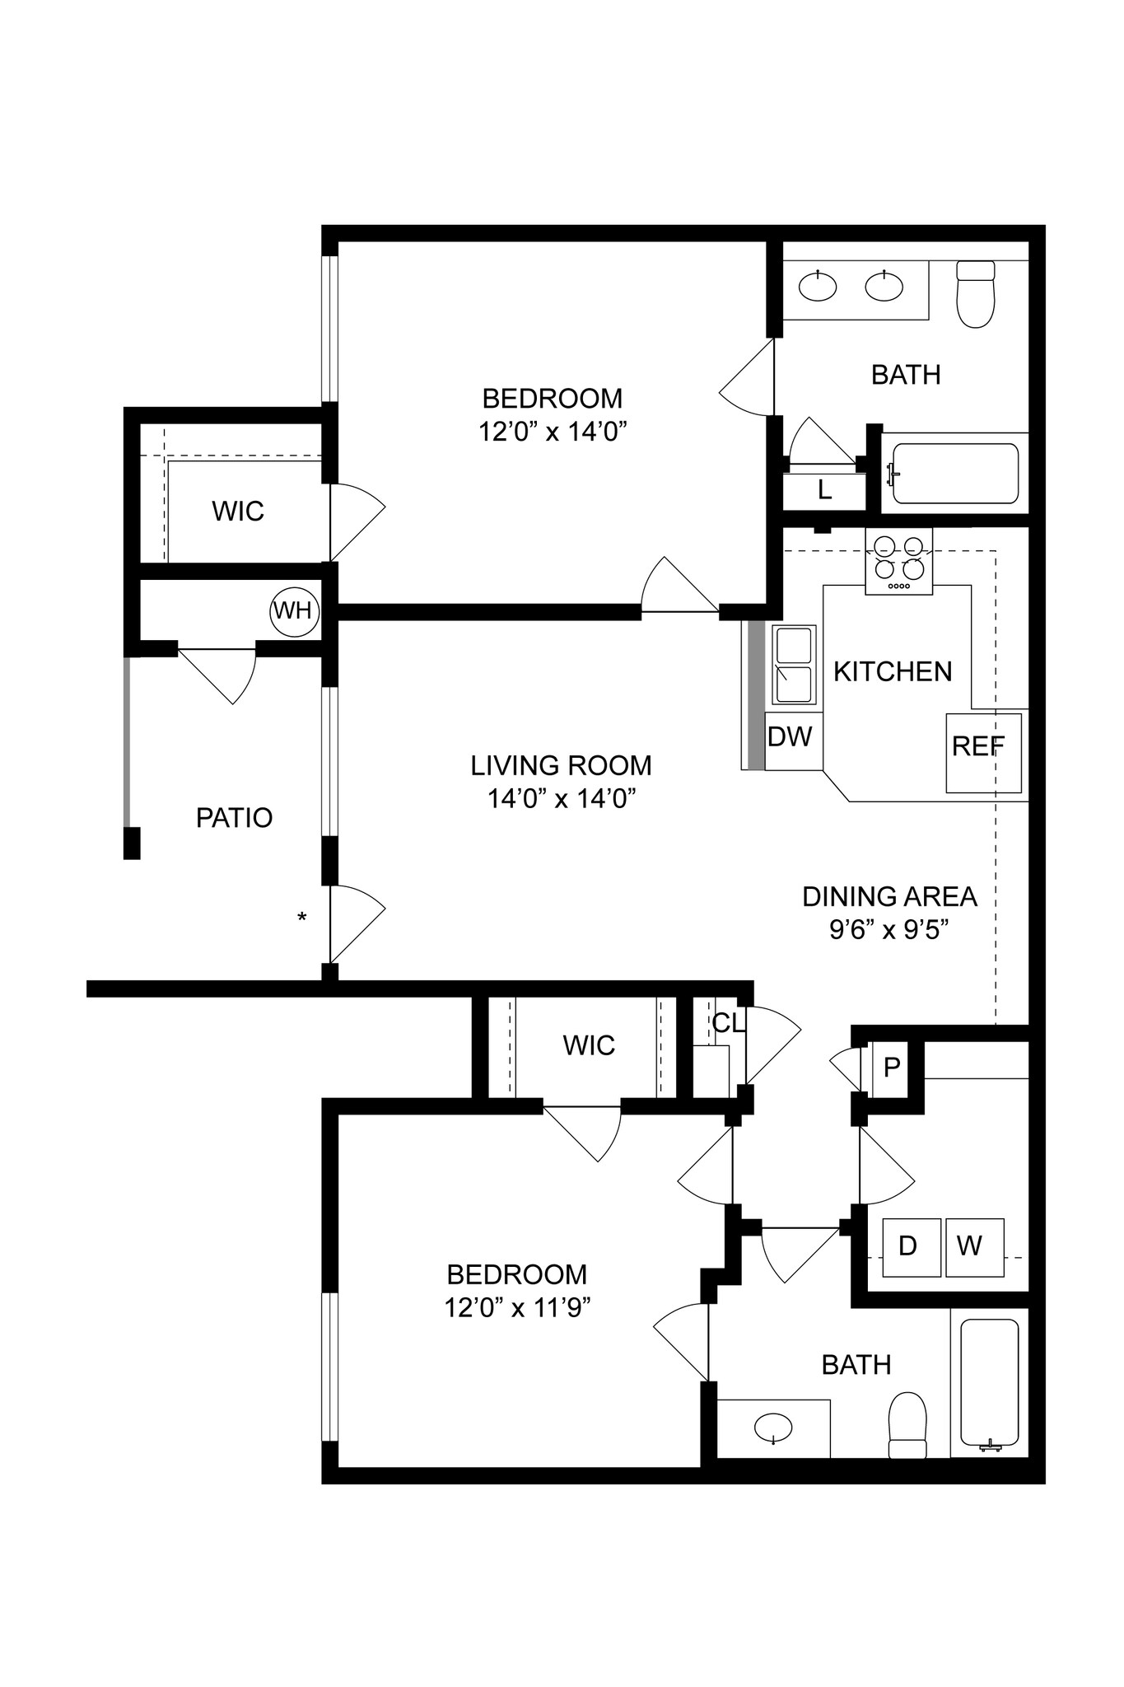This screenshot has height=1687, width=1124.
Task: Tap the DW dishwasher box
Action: pos(791,736)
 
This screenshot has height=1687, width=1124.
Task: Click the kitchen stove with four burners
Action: pos(898,561)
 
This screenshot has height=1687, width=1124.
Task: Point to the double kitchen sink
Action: pos(794,665)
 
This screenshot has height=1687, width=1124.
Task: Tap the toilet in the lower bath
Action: pos(907,1424)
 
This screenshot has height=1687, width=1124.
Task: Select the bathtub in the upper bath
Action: pos(955,474)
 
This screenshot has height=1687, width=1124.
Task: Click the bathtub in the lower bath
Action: pos(989,1385)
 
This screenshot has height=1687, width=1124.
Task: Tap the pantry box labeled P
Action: pos(890,1068)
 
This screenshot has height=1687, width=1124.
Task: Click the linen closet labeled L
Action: pos(824,491)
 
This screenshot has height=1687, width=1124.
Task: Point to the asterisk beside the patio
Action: pos(302,917)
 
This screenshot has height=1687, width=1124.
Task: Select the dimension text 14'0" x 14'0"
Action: pos(562,798)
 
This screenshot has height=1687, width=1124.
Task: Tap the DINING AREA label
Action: pos(889,896)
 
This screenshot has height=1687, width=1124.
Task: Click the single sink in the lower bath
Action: pos(773,1425)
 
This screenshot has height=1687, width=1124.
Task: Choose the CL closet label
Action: pos(728,1023)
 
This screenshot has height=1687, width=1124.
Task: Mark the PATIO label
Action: pos(234,818)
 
